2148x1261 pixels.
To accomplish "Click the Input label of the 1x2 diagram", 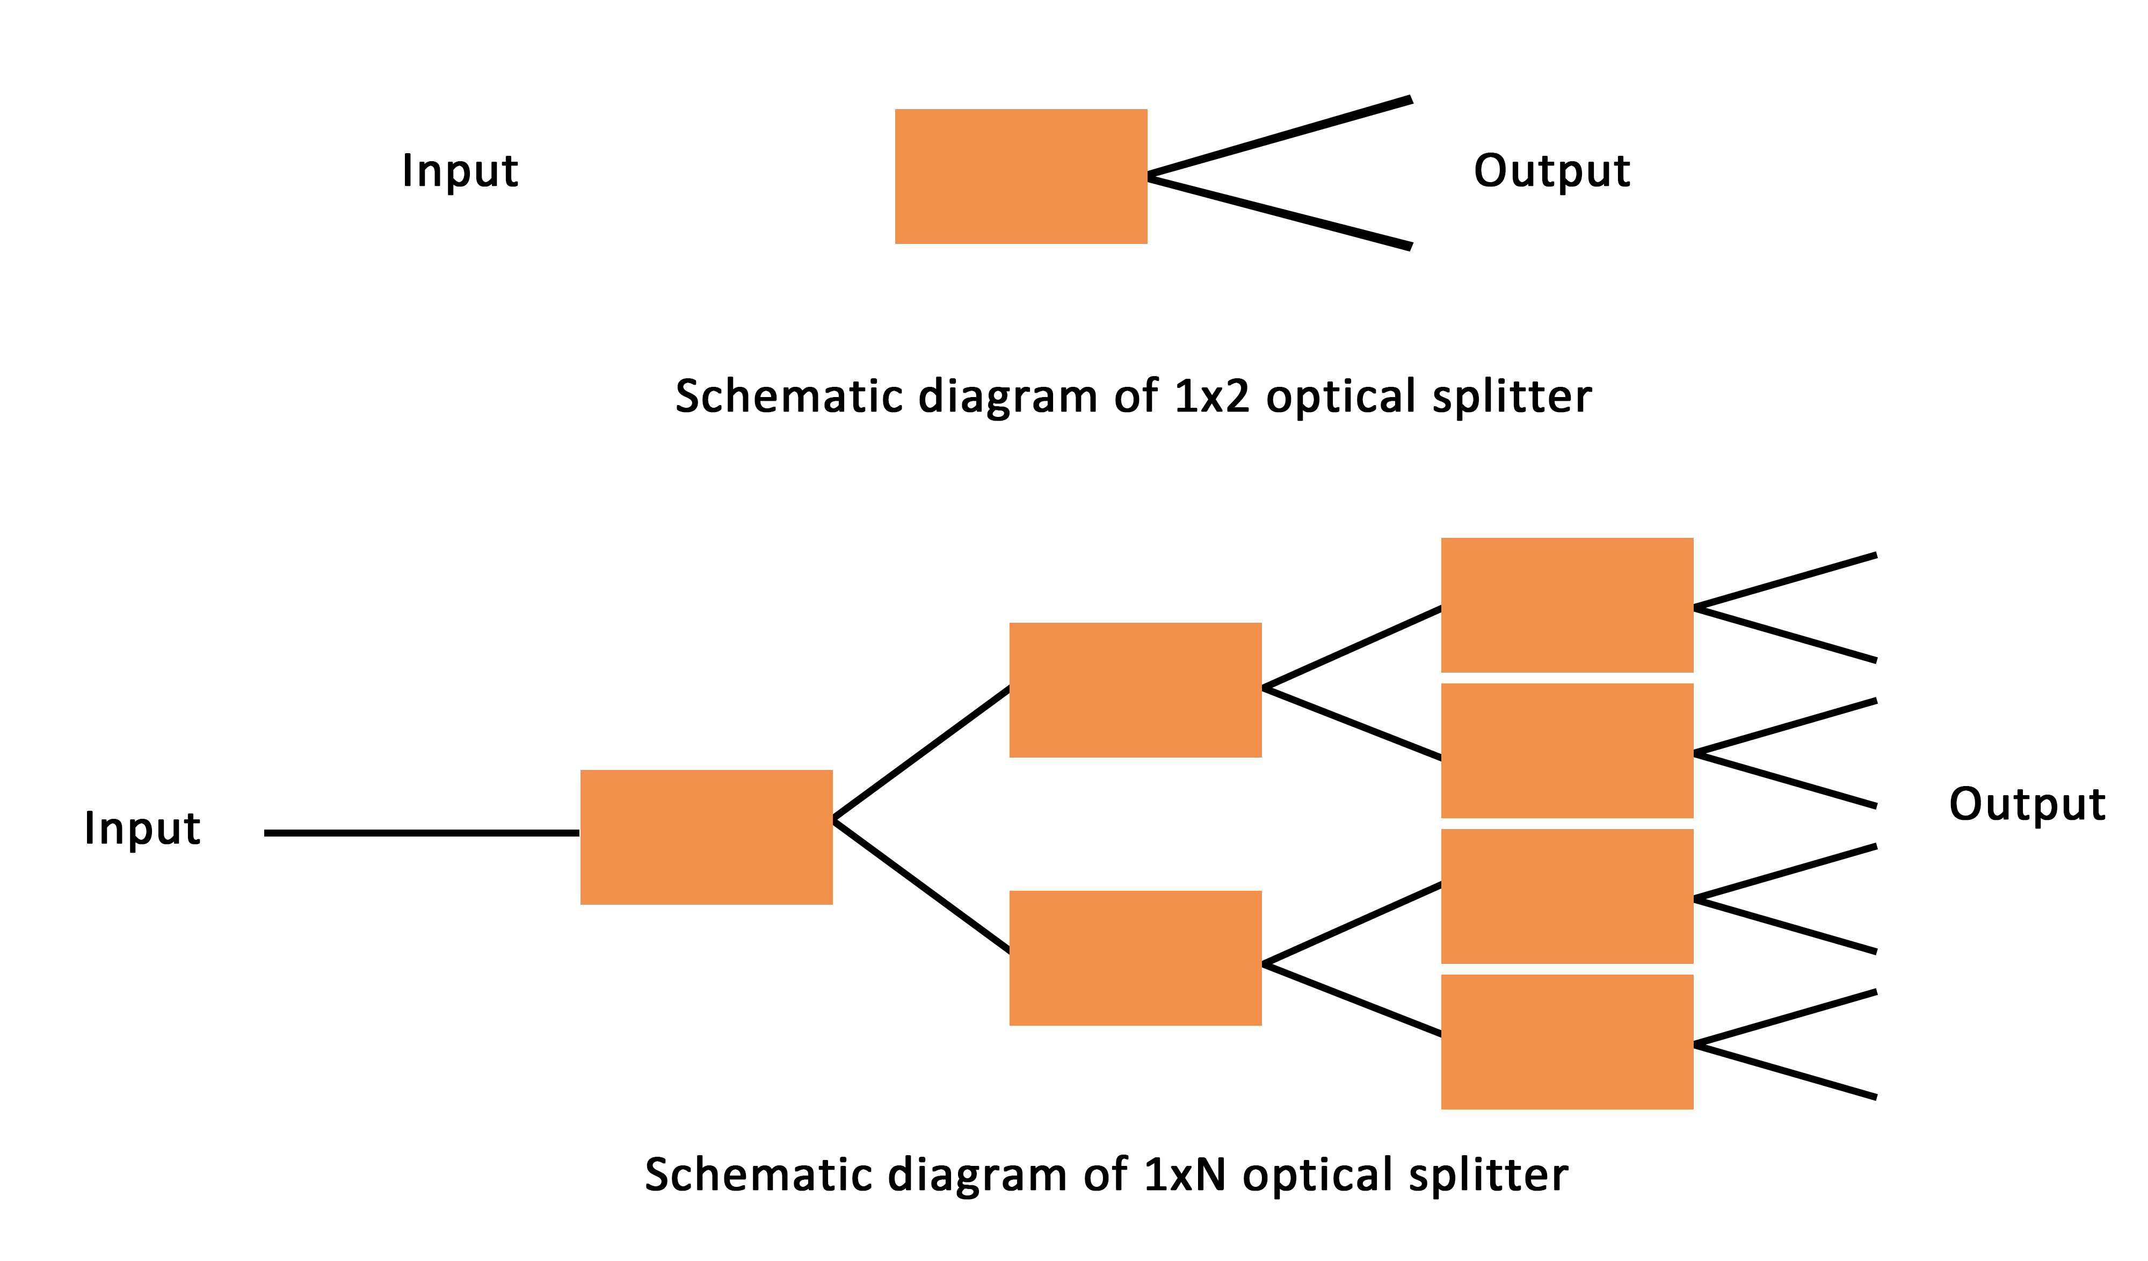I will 460,170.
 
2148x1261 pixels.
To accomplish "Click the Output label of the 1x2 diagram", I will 1551,170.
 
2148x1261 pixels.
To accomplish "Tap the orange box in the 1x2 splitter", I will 1020,176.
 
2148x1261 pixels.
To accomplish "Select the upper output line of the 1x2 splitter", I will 1279,138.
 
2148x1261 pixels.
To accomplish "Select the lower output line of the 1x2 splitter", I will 1279,212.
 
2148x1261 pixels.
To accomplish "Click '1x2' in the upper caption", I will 1211,397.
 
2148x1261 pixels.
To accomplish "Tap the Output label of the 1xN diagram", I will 2026,804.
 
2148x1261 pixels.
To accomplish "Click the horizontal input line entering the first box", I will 422,833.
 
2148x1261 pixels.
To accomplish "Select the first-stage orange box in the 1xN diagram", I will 706,837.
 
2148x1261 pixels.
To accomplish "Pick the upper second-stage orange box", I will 1135,690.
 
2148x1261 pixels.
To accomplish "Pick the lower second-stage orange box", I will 1135,959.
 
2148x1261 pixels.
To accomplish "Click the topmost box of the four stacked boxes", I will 1566,604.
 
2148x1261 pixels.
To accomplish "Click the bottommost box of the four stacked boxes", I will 1566,1042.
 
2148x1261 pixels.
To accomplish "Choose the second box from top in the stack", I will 1566,750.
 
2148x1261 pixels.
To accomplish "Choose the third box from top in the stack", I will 1566,896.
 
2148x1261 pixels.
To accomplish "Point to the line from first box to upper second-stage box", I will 920,754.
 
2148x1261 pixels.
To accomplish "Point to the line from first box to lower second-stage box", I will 920,885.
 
